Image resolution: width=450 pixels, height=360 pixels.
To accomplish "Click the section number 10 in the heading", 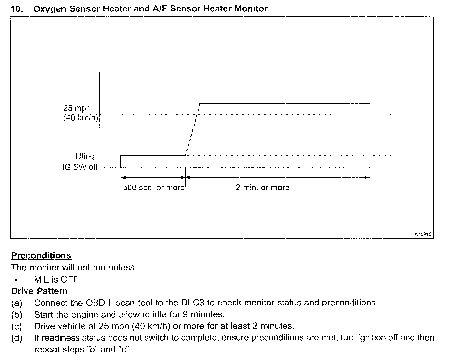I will click(16, 9).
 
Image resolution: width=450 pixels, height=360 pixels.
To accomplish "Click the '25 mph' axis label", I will click(77, 108).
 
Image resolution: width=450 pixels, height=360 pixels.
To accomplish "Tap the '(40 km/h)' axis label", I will click(81, 118).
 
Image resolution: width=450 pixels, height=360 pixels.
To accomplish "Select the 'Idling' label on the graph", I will click(85, 156).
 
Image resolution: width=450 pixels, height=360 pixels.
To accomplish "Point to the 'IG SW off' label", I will click(80, 167).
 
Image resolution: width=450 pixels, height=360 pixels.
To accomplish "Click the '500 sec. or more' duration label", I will click(153, 188).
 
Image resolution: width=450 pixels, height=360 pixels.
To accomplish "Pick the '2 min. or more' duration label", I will click(262, 188).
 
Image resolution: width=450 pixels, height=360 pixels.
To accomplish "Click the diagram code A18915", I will click(423, 234).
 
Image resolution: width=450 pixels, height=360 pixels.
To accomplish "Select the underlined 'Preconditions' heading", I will click(41, 255).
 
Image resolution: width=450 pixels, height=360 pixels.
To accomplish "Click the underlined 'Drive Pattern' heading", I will click(39, 291).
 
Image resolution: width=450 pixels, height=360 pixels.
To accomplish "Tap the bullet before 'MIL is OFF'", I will click(16, 280).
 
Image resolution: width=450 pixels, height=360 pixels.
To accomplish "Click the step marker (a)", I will click(17, 303).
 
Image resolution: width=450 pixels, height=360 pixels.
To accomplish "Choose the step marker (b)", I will click(17, 315).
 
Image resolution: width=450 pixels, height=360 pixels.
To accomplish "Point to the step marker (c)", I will click(17, 326).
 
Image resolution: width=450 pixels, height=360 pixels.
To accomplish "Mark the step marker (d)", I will click(17, 338).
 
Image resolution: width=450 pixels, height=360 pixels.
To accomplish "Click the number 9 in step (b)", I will click(185, 315).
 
